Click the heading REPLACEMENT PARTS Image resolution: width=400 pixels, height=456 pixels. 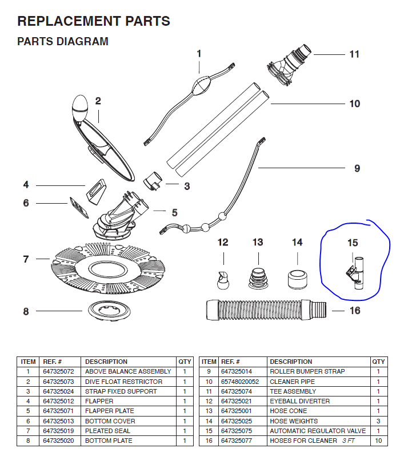point(94,22)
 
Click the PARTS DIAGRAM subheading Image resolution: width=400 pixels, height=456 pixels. point(63,42)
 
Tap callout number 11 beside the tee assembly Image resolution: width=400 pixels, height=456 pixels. point(354,54)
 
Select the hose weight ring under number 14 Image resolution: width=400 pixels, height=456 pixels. point(297,276)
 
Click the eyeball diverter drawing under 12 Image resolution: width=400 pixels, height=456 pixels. point(222,280)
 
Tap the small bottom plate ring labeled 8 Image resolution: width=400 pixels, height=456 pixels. point(103,312)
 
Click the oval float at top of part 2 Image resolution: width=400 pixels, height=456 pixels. point(80,108)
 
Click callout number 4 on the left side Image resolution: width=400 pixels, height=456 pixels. point(26,185)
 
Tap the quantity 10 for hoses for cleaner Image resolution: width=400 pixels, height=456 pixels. point(378,441)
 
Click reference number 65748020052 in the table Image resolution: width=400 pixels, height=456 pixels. point(240,382)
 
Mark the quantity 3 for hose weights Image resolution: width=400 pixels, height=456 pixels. point(378,421)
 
